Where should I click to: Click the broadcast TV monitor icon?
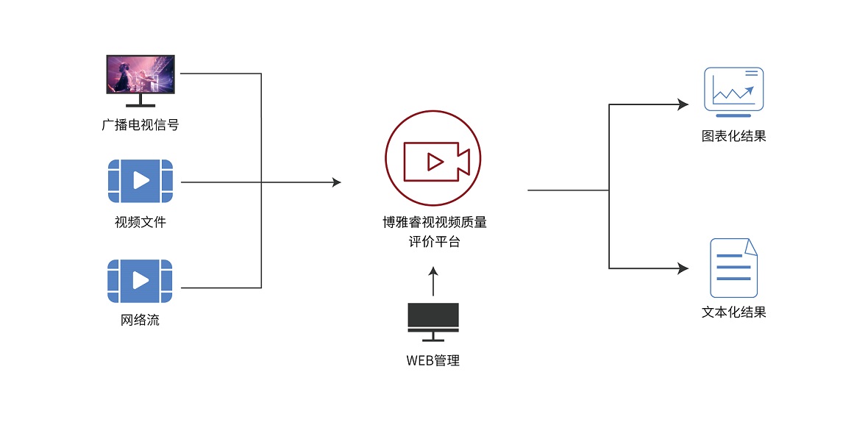pos(140,76)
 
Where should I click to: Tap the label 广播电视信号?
pos(140,125)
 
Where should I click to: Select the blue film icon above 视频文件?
pos(140,181)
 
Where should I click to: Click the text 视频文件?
pos(140,221)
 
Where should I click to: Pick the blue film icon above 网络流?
pos(140,281)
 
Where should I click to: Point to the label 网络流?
pos(140,321)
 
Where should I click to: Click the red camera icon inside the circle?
pos(435,161)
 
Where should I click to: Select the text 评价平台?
pos(433,241)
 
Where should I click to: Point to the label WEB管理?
pos(433,361)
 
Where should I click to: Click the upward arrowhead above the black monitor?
pos(433,271)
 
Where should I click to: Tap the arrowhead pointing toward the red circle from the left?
pos(337,182)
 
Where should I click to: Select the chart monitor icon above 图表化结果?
pos(733,91)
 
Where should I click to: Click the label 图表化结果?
pos(733,136)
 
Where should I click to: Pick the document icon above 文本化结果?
pos(733,267)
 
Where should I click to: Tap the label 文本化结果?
pos(733,312)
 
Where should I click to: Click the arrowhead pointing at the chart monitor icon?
pos(683,104)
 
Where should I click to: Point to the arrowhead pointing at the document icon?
pos(683,268)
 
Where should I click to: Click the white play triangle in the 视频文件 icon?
pos(142,181)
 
